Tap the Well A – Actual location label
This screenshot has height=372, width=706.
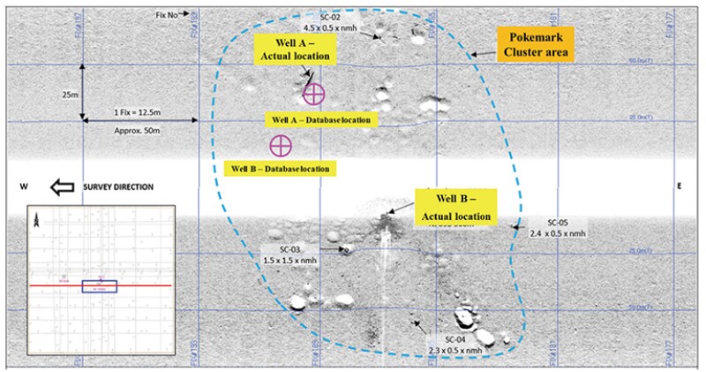point(295,49)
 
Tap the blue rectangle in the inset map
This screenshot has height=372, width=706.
point(94,286)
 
